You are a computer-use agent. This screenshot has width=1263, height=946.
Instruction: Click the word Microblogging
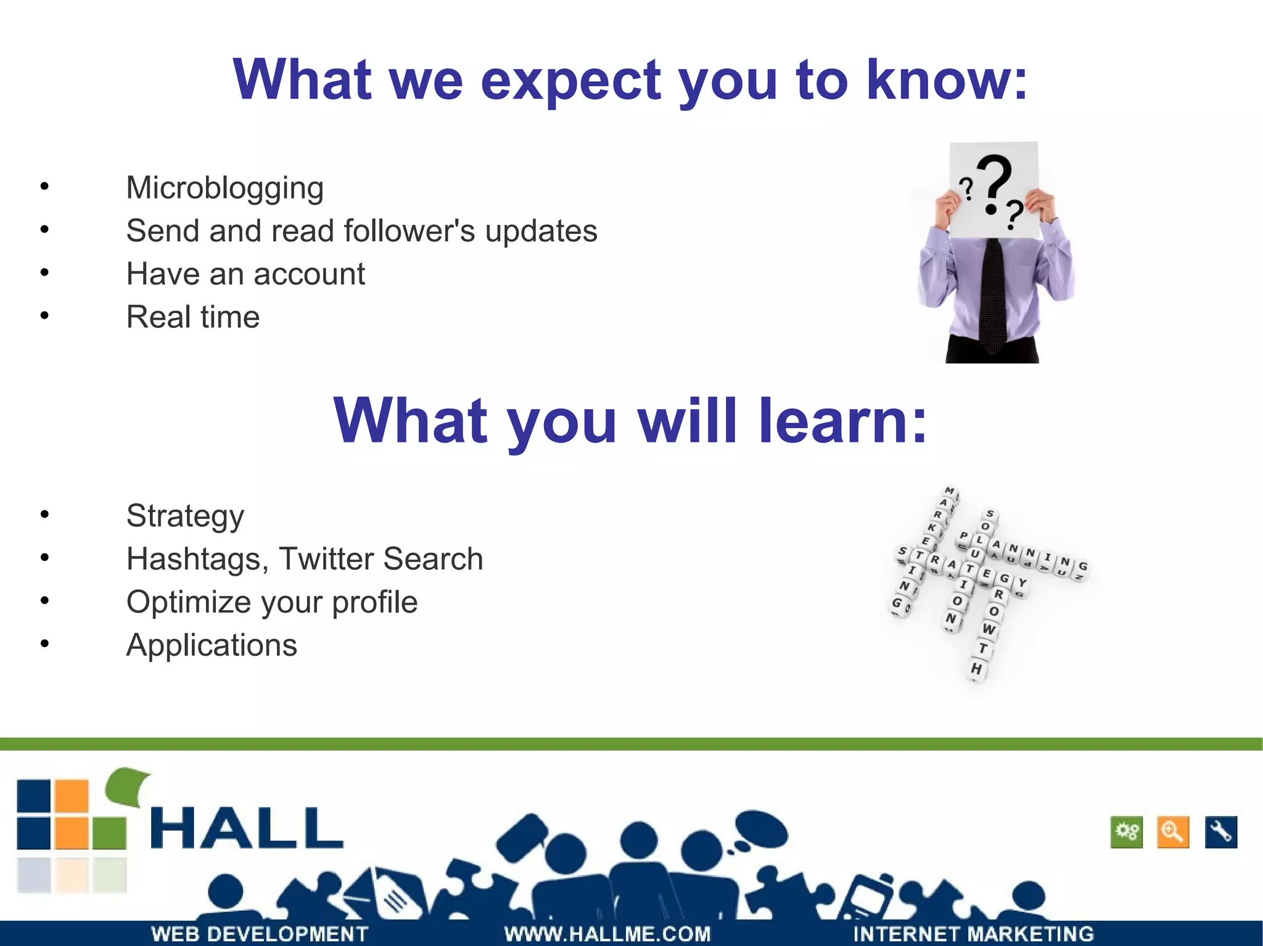[x=224, y=188]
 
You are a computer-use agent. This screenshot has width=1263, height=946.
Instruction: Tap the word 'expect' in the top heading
[x=570, y=80]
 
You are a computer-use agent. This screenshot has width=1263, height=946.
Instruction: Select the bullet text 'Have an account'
[x=245, y=274]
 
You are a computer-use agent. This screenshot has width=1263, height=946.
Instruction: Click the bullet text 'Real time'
[x=192, y=317]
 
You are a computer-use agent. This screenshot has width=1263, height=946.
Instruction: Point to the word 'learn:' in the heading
[x=842, y=420]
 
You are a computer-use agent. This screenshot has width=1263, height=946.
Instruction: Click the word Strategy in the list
[x=185, y=516]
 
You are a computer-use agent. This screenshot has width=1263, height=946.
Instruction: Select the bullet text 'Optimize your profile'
[x=271, y=602]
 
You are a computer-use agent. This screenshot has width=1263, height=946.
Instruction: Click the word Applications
[x=212, y=645]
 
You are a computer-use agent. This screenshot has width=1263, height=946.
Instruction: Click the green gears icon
[x=1126, y=832]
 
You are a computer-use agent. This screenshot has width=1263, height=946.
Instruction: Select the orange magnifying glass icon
[x=1172, y=832]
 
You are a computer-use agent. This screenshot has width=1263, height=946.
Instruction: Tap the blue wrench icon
[x=1220, y=832]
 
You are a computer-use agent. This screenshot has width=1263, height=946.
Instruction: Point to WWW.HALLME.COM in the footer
[x=607, y=934]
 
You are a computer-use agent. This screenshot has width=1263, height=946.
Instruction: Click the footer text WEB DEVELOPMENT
[x=259, y=934]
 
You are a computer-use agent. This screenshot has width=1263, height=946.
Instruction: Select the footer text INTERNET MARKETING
[x=973, y=934]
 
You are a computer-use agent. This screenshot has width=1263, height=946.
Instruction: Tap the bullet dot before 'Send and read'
[x=44, y=229]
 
